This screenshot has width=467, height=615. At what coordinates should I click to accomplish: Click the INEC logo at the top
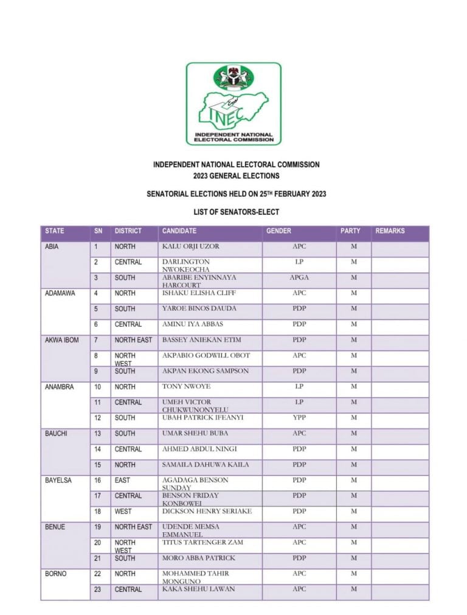[x=233, y=104]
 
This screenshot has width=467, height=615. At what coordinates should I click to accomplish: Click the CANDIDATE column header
[x=179, y=231]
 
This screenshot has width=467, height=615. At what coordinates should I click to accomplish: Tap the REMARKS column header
[x=390, y=231]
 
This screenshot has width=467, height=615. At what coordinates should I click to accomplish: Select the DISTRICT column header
[x=128, y=231]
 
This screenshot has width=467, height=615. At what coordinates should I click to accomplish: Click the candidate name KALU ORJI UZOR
[x=191, y=247]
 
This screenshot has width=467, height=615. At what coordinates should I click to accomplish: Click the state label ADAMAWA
[x=60, y=293]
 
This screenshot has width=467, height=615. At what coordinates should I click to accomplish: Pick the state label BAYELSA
[x=58, y=481]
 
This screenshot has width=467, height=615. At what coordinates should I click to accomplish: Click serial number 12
[x=97, y=418]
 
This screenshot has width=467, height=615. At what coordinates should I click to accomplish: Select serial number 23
[x=97, y=589]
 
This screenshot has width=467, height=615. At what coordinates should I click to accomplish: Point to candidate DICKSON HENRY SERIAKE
[x=207, y=512]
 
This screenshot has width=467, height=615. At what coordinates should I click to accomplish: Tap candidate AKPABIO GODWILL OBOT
[x=206, y=355]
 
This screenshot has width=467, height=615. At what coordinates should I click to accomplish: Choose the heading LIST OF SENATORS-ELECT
[x=236, y=212]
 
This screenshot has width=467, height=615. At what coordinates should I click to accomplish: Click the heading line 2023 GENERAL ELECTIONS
[x=236, y=176]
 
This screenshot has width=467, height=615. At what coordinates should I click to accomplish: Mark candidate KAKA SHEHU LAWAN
[x=198, y=589]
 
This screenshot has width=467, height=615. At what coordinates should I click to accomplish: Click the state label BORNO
[x=57, y=574]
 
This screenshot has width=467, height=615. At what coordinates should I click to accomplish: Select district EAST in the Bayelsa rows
[x=123, y=481]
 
